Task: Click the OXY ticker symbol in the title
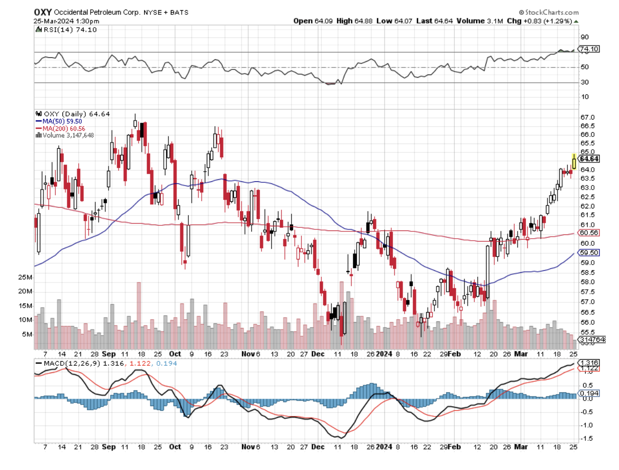42,12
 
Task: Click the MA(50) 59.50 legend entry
58,121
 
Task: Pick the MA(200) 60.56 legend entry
60,128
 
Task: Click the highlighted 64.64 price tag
589,159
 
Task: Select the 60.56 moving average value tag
588,233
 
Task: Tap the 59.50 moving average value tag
588,253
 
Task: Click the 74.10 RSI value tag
588,49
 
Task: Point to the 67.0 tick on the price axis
586,118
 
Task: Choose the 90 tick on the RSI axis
584,37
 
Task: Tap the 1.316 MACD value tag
588,362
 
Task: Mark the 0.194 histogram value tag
588,393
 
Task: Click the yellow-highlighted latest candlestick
574,161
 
